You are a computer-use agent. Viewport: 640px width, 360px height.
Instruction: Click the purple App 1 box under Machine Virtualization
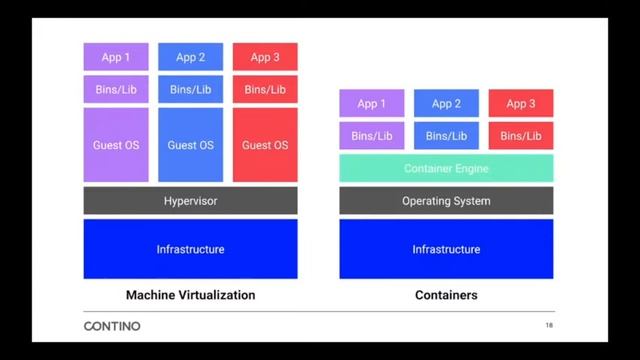click(116, 57)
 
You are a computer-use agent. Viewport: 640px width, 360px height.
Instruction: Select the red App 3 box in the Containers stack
click(521, 103)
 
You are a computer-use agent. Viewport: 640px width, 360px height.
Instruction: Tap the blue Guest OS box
click(190, 145)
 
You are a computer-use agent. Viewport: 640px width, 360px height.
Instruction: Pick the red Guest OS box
click(265, 145)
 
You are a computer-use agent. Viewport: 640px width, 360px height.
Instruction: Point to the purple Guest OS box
click(116, 145)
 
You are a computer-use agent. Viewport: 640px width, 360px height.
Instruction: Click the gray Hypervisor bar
click(190, 201)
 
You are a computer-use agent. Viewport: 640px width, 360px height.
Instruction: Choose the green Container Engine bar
click(446, 168)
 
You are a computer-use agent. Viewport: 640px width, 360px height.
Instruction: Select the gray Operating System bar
click(446, 201)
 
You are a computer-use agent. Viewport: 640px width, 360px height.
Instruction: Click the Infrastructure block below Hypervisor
click(190, 249)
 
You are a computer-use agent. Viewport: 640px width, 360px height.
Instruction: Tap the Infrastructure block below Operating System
click(446, 249)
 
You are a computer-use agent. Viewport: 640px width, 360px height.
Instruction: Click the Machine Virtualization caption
click(190, 295)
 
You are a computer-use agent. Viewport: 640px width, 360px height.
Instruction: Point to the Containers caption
click(446, 295)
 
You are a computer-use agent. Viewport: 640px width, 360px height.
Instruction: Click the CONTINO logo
click(112, 326)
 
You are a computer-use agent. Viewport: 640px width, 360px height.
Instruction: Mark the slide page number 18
click(549, 326)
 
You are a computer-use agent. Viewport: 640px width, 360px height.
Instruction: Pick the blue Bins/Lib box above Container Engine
click(446, 135)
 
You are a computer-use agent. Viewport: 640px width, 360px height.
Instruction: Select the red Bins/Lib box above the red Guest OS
click(265, 89)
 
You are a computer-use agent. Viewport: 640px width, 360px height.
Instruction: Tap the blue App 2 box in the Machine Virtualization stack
click(190, 57)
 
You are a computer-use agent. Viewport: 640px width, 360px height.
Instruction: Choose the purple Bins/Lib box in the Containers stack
click(372, 135)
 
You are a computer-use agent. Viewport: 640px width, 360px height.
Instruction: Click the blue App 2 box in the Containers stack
click(446, 103)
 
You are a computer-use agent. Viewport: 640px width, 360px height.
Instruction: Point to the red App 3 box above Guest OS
click(265, 57)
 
